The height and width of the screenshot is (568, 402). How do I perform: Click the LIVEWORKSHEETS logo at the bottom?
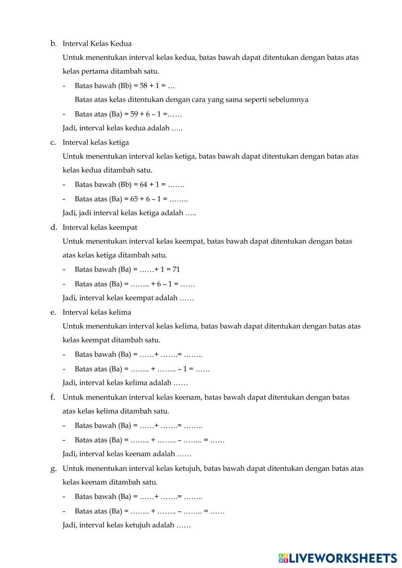[338, 558]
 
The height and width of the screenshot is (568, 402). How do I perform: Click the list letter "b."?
[53, 43]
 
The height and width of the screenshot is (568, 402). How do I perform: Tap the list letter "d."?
[53, 227]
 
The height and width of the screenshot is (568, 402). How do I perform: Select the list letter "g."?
[53, 468]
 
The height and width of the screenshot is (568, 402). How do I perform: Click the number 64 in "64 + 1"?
[144, 185]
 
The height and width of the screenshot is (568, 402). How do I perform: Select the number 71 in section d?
[176, 270]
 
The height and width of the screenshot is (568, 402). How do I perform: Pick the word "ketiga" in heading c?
[119, 142]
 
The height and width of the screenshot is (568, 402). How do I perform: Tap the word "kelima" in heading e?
[120, 312]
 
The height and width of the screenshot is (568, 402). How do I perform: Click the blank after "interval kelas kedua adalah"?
[177, 129]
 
